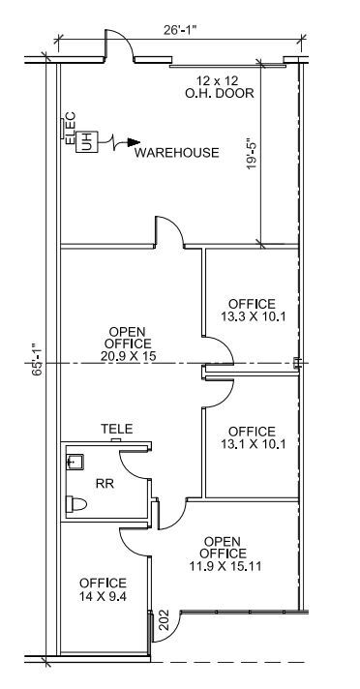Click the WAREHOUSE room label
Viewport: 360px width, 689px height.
coord(176,153)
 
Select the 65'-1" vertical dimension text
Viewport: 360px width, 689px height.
coord(34,361)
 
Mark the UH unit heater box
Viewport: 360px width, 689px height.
coord(86,140)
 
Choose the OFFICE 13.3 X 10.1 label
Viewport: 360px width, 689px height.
coord(252,310)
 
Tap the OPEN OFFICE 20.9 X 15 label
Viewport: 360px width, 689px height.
coord(135,344)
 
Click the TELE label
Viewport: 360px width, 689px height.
coord(116,428)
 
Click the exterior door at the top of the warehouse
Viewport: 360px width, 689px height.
coord(117,48)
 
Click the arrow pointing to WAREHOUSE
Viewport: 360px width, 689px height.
coord(121,146)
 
